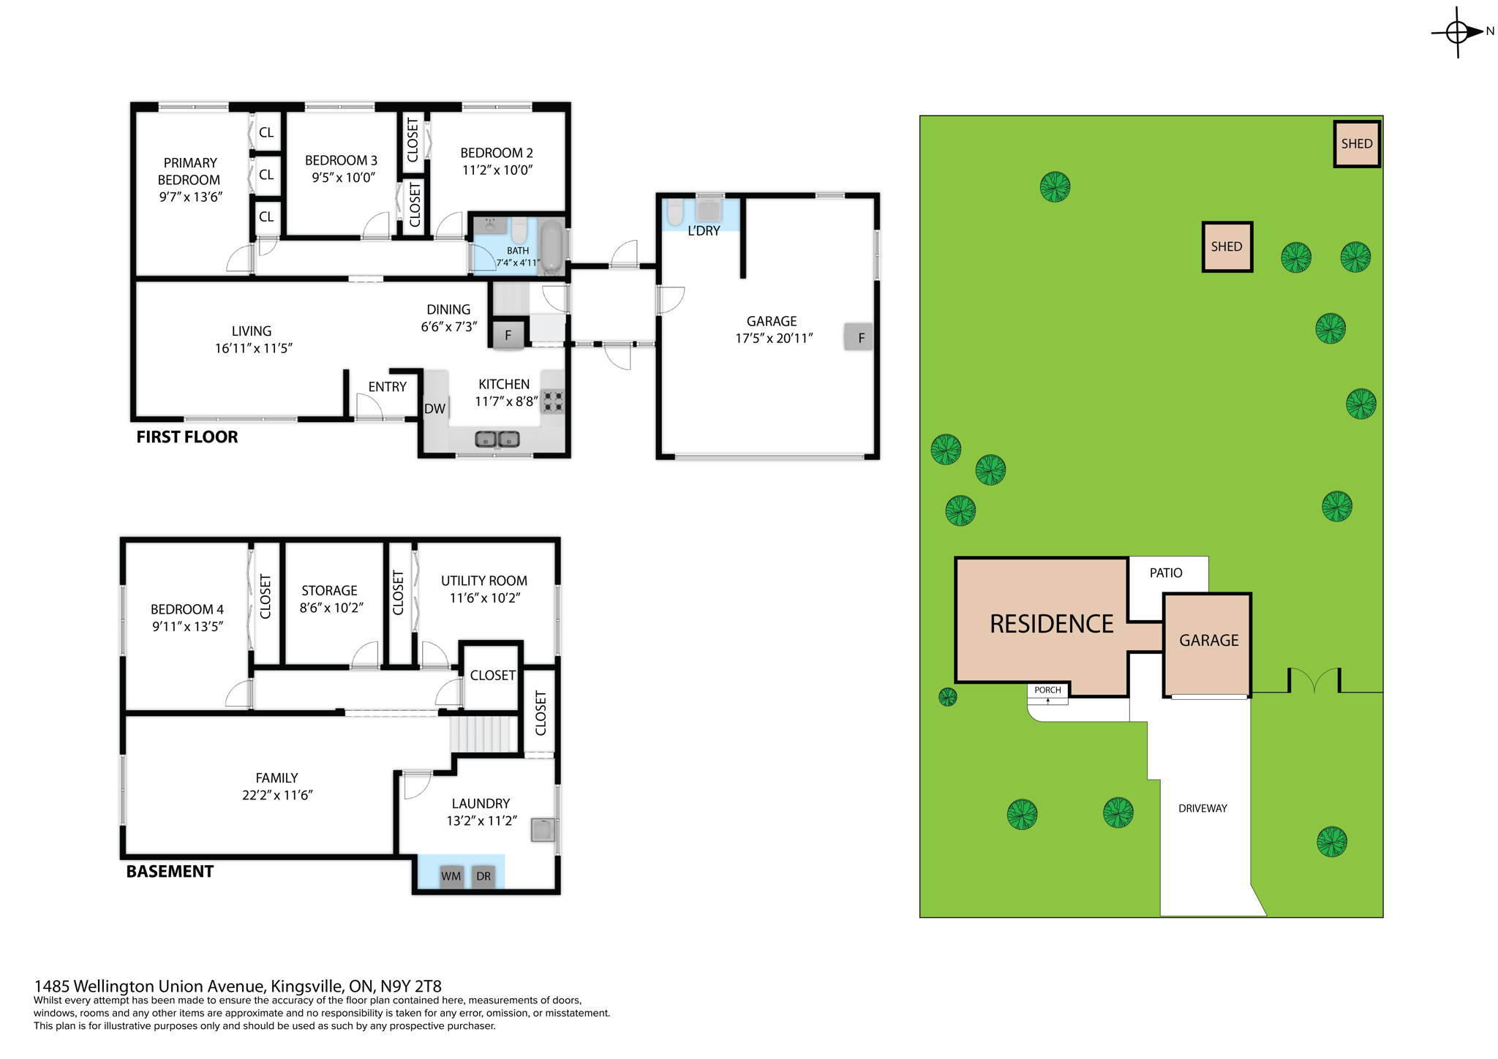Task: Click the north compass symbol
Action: [1458, 32]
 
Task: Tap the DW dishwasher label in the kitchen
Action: [434, 408]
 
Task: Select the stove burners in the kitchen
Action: [553, 402]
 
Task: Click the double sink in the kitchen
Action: [497, 439]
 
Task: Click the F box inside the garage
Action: [859, 337]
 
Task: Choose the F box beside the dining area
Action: [508, 336]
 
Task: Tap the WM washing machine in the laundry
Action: [451, 875]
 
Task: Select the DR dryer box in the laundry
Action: [483, 875]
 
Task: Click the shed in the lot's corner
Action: [1356, 143]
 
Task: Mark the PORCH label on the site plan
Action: [1047, 690]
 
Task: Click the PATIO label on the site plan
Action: [1165, 573]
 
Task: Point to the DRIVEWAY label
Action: [1202, 808]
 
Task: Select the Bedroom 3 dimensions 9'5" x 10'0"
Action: [343, 177]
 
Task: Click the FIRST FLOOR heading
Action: [187, 437]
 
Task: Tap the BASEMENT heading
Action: [170, 871]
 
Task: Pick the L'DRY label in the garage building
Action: [704, 230]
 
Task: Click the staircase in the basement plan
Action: [483, 734]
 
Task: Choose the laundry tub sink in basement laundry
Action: [543, 829]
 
